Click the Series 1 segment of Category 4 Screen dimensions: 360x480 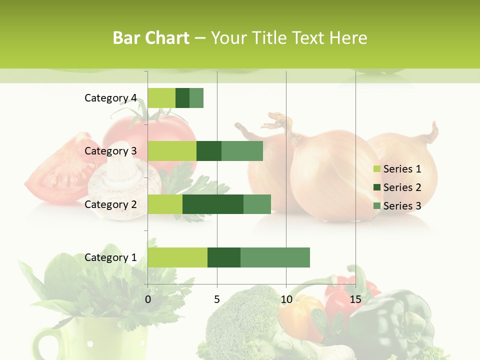161,98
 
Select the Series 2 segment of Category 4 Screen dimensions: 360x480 182,98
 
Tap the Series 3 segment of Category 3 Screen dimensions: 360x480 242,151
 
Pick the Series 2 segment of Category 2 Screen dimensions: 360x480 213,204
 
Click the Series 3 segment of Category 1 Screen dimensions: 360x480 275,257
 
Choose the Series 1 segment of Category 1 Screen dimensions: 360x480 177,257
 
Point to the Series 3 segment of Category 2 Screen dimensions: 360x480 257,204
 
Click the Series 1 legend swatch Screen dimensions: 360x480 377,169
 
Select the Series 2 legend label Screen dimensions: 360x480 402,187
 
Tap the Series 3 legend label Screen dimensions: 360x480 402,206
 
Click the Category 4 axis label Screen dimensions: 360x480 110,98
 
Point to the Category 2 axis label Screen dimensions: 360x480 110,204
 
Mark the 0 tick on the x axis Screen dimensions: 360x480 148,299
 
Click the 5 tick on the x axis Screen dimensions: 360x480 217,299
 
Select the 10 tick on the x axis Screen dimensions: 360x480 286,299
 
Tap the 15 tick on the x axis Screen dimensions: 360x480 355,299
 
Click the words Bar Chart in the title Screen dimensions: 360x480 151,38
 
